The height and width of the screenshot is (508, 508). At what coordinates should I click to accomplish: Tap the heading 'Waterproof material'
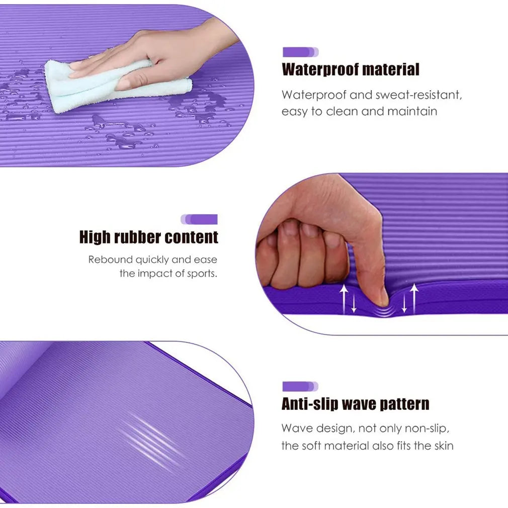[x=351, y=69]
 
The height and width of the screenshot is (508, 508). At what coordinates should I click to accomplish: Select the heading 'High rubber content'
[x=149, y=237]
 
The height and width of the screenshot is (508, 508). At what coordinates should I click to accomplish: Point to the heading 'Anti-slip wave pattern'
[x=355, y=404]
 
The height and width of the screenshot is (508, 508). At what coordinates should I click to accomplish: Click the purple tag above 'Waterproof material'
[x=300, y=52]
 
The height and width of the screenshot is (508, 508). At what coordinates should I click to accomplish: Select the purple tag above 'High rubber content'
[x=199, y=219]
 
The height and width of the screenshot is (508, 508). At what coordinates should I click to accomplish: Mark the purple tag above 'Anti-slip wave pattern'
[x=300, y=386]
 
